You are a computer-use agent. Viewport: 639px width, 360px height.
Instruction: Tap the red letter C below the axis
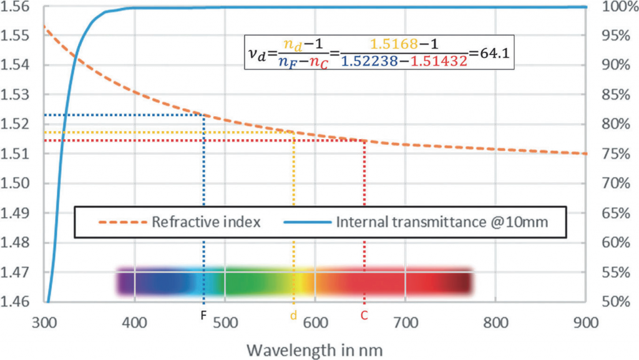[x=365, y=316]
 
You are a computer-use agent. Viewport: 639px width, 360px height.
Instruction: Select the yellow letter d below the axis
[x=293, y=316]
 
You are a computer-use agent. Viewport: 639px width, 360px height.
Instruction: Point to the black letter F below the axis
[x=203, y=316]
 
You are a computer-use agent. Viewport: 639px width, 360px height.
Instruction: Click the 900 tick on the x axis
[x=585, y=323]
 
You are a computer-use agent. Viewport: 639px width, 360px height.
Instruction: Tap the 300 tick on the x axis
[x=46, y=323]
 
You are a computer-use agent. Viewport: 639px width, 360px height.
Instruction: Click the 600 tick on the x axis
[x=315, y=323]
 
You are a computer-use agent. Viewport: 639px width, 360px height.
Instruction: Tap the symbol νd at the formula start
[x=257, y=54]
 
